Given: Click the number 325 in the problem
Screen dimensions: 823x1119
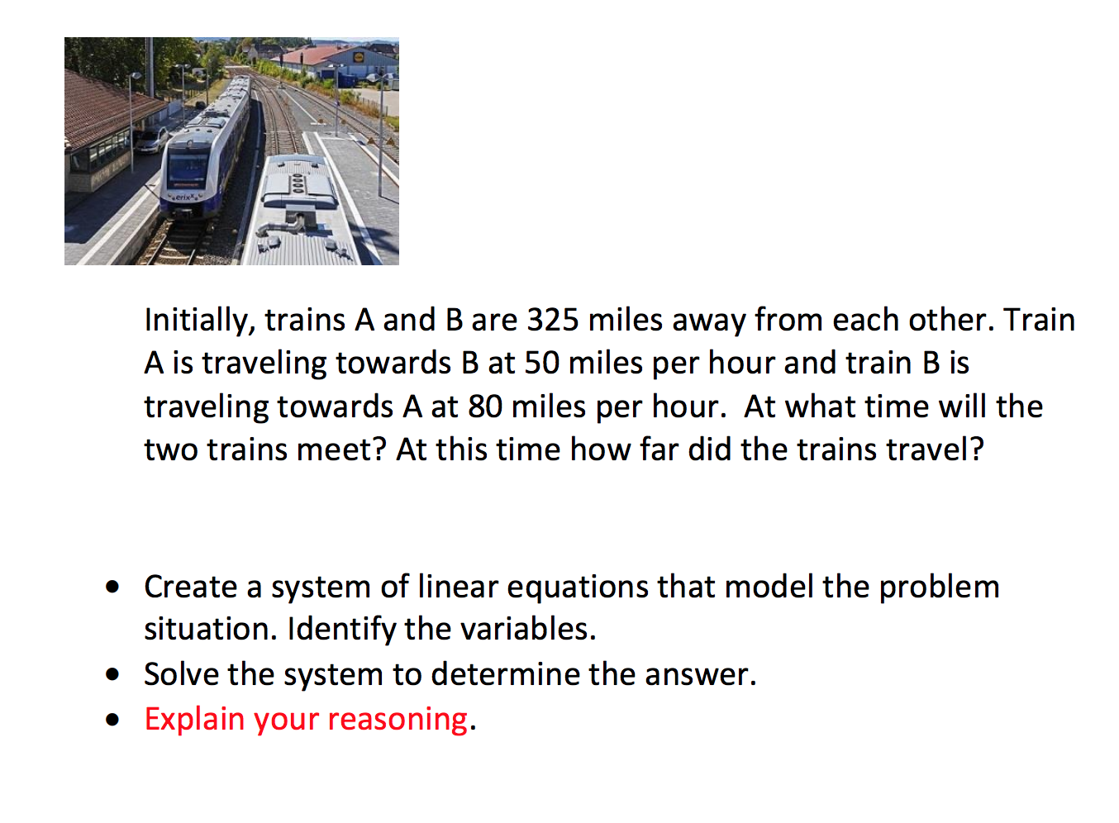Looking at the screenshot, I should [x=553, y=320].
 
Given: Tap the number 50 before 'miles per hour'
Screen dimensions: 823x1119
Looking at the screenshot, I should [x=541, y=363].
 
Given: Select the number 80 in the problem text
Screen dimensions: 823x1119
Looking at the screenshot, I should [x=485, y=407].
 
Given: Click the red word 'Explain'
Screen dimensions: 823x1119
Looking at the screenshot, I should [x=194, y=720].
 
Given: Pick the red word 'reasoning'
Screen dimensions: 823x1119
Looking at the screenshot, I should [x=398, y=720].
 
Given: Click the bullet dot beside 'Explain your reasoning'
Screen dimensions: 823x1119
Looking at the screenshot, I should [x=113, y=720].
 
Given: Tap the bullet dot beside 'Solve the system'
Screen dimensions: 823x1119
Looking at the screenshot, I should [x=113, y=675].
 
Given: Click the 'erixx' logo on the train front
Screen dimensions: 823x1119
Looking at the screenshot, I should [x=183, y=197].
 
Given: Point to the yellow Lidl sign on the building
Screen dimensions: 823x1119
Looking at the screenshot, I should [x=357, y=58].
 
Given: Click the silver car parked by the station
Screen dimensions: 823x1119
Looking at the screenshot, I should [x=150, y=140].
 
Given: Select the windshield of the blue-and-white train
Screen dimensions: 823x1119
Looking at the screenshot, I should [x=188, y=169].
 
